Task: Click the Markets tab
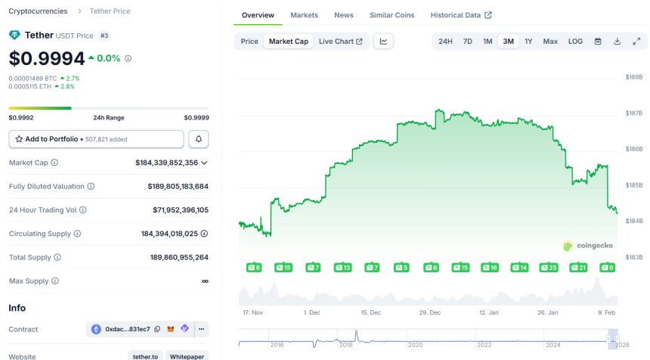tap(304, 15)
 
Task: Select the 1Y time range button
tap(528, 42)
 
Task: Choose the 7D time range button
tap(467, 42)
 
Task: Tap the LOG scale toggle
tap(575, 42)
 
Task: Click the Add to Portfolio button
tap(96, 139)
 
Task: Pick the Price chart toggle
tap(249, 42)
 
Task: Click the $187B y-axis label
tap(633, 113)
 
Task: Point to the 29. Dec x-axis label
tap(429, 312)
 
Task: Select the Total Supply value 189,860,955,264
tap(179, 257)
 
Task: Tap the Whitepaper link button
tap(187, 356)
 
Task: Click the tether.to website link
tap(145, 356)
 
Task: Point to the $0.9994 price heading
tap(45, 58)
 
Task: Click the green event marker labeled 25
tap(548, 268)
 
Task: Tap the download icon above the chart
tap(617, 42)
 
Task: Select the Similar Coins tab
tap(392, 15)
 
